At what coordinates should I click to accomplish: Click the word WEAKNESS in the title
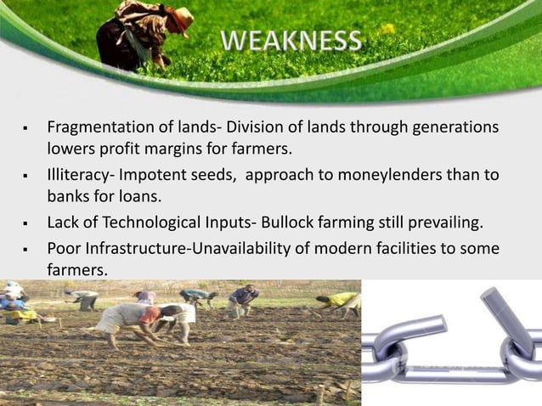point(291,40)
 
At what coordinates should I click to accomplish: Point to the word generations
point(457,128)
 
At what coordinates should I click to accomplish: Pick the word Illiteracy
point(78,177)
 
